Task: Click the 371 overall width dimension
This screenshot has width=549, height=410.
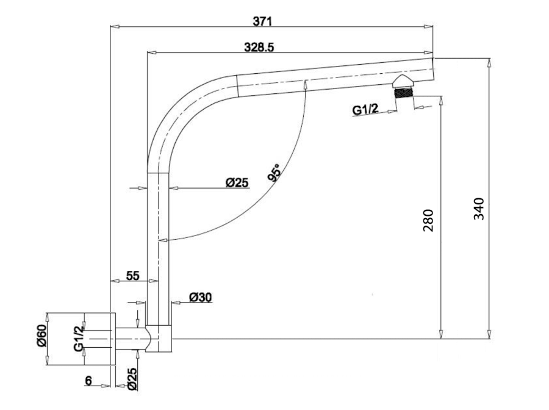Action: tap(262, 21)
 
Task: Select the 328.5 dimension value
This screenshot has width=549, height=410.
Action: tap(259, 47)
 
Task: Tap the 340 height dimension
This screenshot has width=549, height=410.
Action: tap(479, 209)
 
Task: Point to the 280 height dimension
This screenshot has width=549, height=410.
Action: tap(428, 221)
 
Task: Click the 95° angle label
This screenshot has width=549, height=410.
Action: tap(274, 173)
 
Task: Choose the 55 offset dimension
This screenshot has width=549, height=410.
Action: tap(133, 276)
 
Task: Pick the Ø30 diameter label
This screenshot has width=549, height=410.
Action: tap(200, 298)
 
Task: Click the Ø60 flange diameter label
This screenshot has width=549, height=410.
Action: tap(41, 336)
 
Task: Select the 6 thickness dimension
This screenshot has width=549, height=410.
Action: tap(88, 380)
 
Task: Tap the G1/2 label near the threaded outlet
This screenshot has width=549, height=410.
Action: tap(365, 110)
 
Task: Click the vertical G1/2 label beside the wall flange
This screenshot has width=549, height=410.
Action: tap(79, 338)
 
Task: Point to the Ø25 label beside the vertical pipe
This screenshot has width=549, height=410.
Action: tap(237, 182)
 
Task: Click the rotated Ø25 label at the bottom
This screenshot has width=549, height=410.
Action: tap(132, 379)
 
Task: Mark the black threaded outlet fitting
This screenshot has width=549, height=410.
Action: tap(404, 93)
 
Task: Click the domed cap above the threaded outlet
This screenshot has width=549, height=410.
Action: tap(404, 81)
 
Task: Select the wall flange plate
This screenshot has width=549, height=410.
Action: tap(113, 339)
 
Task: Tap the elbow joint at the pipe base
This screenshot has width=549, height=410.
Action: tap(159, 338)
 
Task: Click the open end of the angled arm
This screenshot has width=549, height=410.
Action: tap(433, 68)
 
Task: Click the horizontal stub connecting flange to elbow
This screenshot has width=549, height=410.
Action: tap(131, 339)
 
